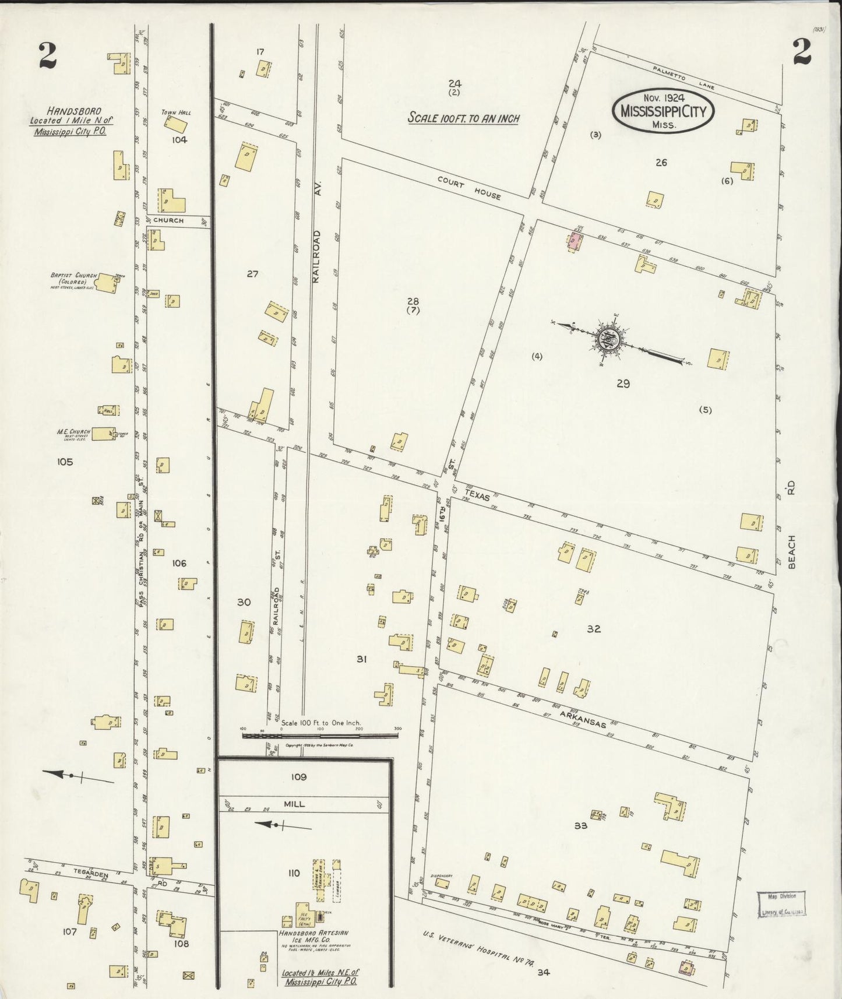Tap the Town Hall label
[x=177, y=112]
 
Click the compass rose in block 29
[x=610, y=339]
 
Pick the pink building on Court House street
[x=575, y=240]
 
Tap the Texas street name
[x=477, y=493]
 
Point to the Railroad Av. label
[x=317, y=256]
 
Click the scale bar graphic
[x=320, y=736]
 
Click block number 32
[x=594, y=629]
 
